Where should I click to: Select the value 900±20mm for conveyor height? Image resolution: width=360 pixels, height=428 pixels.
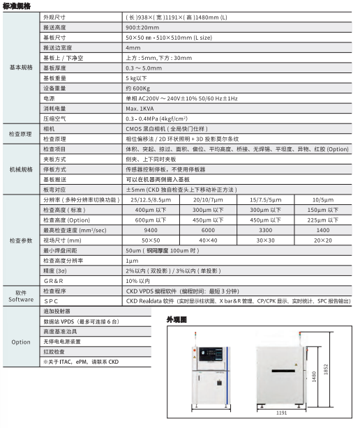point(142,26)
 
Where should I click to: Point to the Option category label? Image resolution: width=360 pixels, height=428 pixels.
point(20,342)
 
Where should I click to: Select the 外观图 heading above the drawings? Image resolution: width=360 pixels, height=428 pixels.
point(177,320)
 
